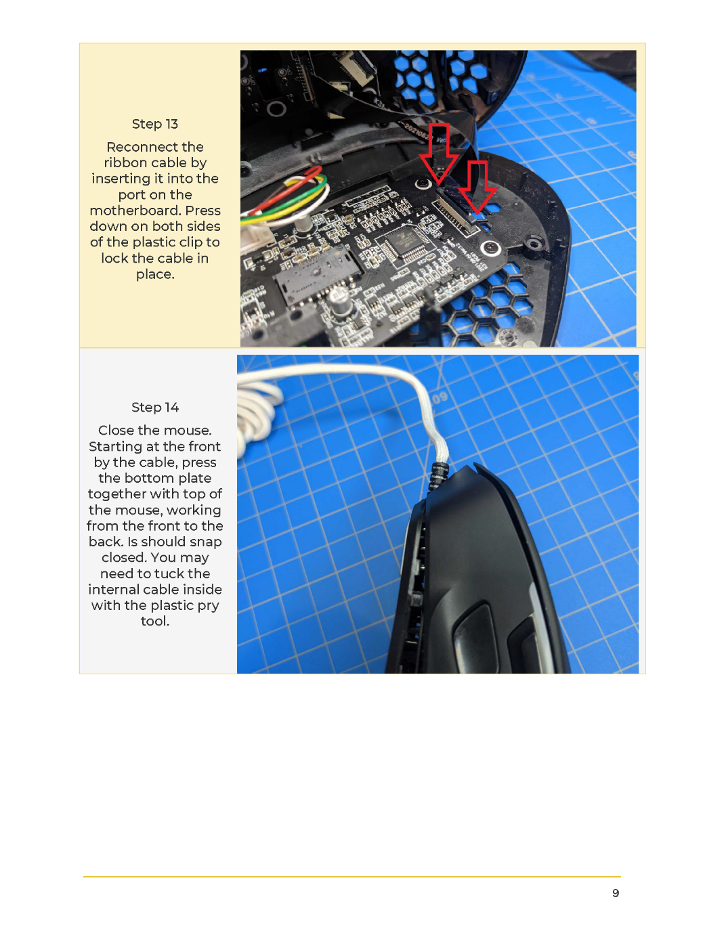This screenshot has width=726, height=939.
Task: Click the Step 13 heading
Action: (154, 124)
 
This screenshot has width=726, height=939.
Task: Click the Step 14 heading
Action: (154, 407)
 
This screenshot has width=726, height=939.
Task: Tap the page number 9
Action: (616, 893)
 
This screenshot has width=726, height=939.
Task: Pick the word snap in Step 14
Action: (203, 542)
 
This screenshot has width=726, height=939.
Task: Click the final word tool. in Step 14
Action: (154, 621)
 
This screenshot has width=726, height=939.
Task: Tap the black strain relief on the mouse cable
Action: (437, 476)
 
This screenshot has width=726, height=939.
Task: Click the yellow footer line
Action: (351, 877)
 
